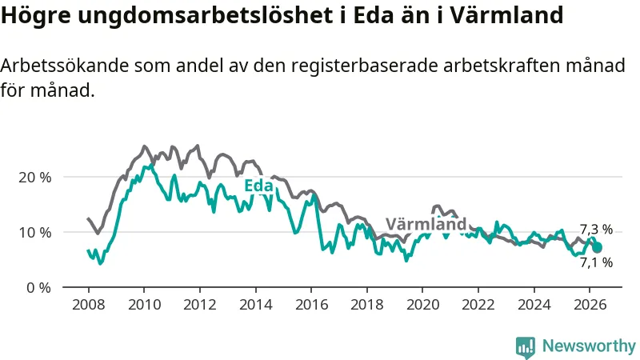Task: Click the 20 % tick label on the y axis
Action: click(x=35, y=178)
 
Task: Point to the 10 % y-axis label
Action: click(x=35, y=233)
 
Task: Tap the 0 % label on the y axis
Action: click(x=38, y=288)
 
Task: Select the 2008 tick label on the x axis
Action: click(x=89, y=305)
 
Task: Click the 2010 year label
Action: click(x=144, y=305)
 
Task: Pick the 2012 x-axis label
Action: click(x=199, y=305)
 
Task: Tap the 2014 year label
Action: click(x=255, y=305)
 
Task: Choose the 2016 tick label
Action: click(x=311, y=305)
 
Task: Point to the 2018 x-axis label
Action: click(x=367, y=305)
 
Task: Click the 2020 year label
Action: click(x=422, y=305)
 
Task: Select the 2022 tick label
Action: click(x=478, y=305)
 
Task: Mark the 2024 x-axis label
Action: click(x=534, y=305)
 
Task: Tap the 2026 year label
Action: click(x=590, y=305)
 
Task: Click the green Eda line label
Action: click(x=258, y=186)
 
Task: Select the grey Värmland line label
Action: click(x=426, y=224)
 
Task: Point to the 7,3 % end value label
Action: click(x=596, y=230)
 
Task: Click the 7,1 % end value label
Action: click(x=596, y=262)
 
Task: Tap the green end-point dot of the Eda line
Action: click(x=597, y=248)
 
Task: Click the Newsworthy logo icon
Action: click(x=526, y=348)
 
